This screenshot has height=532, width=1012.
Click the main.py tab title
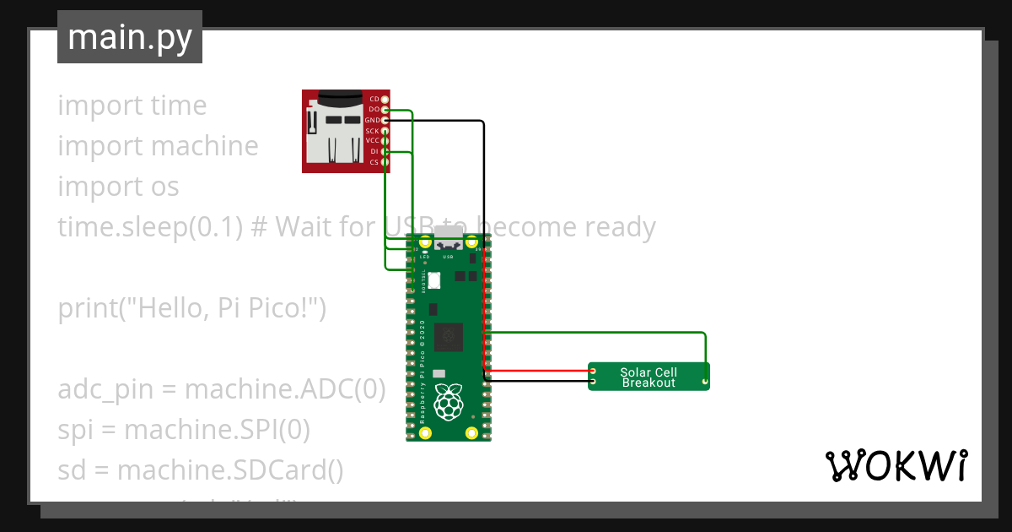pos(129,37)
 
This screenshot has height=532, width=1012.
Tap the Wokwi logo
pos(895,466)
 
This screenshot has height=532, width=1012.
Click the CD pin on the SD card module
pos(385,100)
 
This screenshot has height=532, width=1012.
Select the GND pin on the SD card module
pos(385,121)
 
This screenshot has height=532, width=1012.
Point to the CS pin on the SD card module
pos(385,161)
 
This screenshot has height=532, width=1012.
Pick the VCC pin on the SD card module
pos(385,141)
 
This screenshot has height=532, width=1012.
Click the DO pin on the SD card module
pos(385,110)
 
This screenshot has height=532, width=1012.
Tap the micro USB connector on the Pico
pos(449,234)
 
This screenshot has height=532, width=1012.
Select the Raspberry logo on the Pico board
pos(448,402)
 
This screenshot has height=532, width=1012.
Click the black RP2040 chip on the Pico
pos(448,337)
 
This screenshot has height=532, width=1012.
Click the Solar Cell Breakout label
pos(649,377)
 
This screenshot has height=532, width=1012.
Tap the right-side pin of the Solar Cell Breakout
pos(704,383)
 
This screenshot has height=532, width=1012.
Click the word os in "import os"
pos(165,187)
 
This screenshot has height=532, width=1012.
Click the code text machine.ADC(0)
pos(285,389)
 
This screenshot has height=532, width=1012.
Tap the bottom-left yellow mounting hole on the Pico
pos(425,433)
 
